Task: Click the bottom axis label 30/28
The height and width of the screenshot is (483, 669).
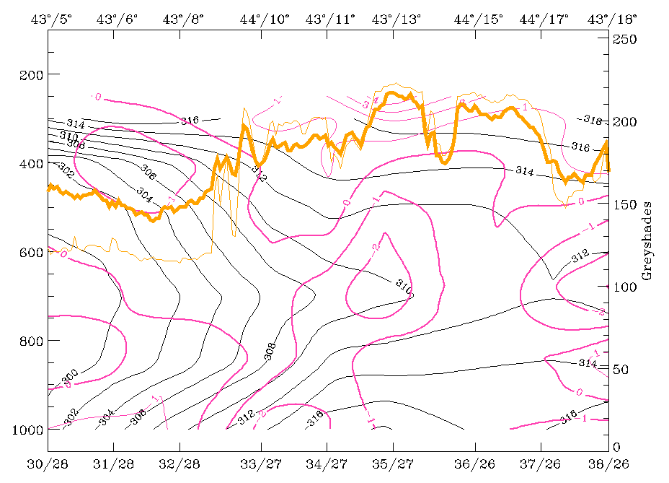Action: pyautogui.click(x=48, y=462)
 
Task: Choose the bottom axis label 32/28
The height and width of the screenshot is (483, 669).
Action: pyautogui.click(x=180, y=462)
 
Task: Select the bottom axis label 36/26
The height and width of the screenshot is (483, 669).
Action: pyautogui.click(x=474, y=462)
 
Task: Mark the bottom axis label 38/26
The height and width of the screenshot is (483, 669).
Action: pyautogui.click(x=606, y=462)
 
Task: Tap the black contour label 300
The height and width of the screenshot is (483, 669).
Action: pyautogui.click(x=70, y=375)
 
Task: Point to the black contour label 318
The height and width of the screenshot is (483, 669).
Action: pyautogui.click(x=592, y=119)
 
